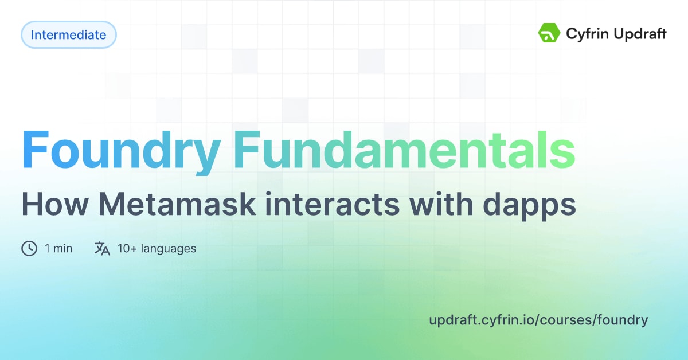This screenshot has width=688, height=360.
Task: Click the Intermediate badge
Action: point(68,35)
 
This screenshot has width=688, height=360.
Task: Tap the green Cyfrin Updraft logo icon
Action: point(549,33)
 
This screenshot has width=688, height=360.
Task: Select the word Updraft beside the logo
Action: point(640,34)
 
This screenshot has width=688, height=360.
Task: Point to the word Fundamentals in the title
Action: point(404,149)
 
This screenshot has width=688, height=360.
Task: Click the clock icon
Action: point(29,248)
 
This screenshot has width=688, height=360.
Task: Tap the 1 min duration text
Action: point(58,248)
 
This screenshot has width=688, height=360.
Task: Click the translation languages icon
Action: point(102,248)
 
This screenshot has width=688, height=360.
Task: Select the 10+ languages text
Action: point(157,248)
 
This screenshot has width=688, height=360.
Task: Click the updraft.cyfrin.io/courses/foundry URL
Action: point(538,320)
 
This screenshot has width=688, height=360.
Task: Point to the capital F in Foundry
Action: point(36,149)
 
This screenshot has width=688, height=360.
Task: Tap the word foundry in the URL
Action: point(623,320)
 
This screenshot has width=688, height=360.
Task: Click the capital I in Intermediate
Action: point(33,35)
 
